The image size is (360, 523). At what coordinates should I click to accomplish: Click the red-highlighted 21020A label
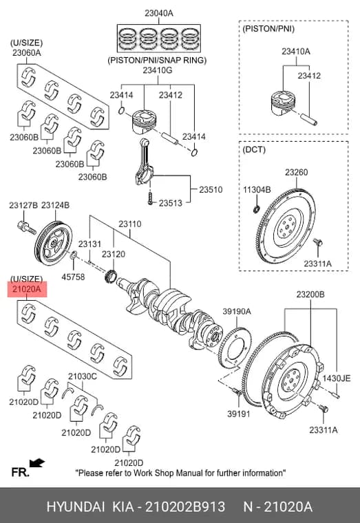28,289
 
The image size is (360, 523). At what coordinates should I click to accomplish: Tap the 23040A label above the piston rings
158,13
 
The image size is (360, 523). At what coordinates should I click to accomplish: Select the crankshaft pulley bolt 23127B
26,228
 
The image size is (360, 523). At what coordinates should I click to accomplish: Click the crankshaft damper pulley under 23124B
54,243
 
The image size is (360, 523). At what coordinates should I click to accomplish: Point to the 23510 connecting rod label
211,189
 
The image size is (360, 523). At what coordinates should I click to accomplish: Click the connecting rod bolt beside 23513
150,198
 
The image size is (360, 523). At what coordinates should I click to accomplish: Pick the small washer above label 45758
74,256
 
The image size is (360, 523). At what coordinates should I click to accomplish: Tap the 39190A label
237,311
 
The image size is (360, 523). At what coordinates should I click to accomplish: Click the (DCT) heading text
254,149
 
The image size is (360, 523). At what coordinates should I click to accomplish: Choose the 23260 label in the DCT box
296,172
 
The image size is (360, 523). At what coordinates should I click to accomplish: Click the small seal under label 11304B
256,209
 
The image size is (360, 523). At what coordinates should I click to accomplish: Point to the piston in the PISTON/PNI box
283,103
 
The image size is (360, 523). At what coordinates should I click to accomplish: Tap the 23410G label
158,70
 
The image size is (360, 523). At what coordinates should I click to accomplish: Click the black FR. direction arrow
37,463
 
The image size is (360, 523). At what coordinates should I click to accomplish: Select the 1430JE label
337,378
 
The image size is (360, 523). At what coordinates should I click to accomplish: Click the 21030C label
83,376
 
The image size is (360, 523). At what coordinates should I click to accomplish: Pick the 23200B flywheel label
310,295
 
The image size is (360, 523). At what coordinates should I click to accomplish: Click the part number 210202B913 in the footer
185,506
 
